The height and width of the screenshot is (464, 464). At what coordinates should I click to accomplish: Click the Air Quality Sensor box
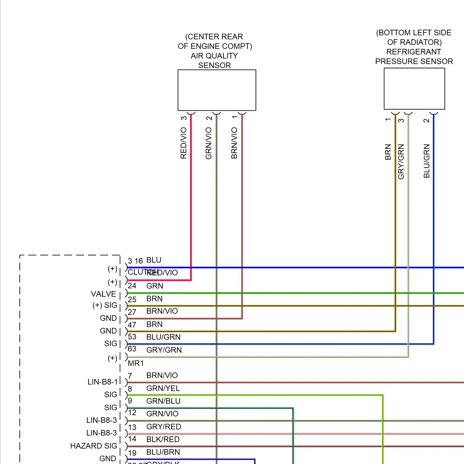pos(217,90)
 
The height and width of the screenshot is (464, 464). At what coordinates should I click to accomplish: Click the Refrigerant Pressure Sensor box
pos(414,88)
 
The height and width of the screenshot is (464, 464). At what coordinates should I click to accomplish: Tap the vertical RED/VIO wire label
pos(183,143)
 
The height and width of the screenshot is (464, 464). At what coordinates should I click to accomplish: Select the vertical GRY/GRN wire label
pos(401,161)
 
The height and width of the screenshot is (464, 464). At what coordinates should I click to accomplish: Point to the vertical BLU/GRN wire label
pos(427,161)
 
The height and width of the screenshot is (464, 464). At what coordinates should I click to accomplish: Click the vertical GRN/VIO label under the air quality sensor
pos(209,143)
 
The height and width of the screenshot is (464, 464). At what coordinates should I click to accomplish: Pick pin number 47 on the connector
pos(132,325)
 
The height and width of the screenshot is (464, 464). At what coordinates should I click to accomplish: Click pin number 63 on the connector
pos(132,349)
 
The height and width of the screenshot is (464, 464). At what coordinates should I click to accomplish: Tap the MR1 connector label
pos(136,363)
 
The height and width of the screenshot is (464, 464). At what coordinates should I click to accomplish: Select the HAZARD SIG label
pos(93,446)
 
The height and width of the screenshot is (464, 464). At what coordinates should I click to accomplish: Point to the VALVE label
pos(103,294)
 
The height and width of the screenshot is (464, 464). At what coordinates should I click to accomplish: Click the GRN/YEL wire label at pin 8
pos(163,388)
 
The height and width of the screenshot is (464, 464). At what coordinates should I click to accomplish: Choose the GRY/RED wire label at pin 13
pos(163,427)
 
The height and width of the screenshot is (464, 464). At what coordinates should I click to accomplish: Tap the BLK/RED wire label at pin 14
pos(163,439)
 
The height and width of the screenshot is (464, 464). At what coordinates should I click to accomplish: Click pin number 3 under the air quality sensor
pos(184,118)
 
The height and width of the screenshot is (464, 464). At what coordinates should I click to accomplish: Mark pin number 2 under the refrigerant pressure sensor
pos(427,120)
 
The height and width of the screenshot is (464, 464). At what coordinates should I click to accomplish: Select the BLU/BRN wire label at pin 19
pos(163,452)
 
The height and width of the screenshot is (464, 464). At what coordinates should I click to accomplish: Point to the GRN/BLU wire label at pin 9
pos(163,401)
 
